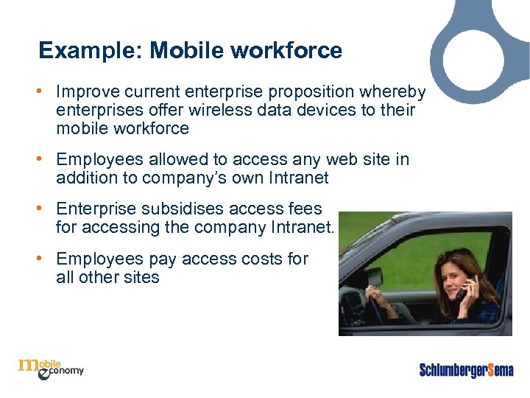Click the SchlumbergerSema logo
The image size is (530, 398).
[466, 369]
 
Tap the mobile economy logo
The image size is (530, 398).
[50, 367]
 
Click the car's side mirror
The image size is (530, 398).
[374, 277]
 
